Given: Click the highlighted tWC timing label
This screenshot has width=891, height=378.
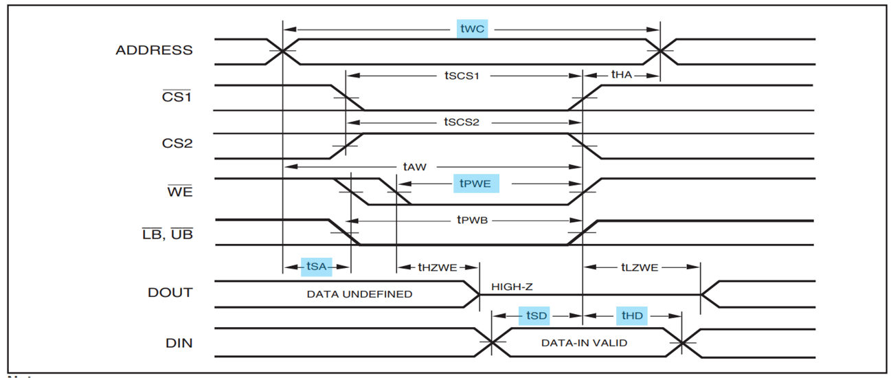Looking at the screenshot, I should click(x=472, y=29).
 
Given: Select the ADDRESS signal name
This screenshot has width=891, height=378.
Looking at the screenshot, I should click(x=154, y=50).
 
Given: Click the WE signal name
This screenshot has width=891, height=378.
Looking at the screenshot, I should click(x=180, y=192).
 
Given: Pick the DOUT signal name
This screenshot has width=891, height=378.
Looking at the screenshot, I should click(x=170, y=293).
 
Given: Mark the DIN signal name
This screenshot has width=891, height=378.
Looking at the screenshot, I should click(x=179, y=342).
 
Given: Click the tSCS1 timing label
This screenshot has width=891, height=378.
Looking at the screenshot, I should click(x=461, y=75).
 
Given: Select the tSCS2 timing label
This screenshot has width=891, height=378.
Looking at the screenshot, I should click(x=461, y=122).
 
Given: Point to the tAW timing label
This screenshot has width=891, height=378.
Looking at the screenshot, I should click(x=416, y=166).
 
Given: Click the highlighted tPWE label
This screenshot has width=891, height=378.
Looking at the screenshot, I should click(x=476, y=184).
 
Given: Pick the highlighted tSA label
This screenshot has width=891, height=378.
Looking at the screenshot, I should click(x=317, y=267).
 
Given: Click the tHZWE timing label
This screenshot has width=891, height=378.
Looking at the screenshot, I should click(x=438, y=267).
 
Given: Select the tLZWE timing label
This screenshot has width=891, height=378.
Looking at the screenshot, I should click(x=640, y=267).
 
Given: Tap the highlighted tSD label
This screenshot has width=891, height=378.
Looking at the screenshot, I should click(x=537, y=315).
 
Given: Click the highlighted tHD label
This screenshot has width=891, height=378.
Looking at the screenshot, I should click(x=632, y=315).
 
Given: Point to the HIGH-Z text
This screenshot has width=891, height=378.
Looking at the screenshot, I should click(x=512, y=285).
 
